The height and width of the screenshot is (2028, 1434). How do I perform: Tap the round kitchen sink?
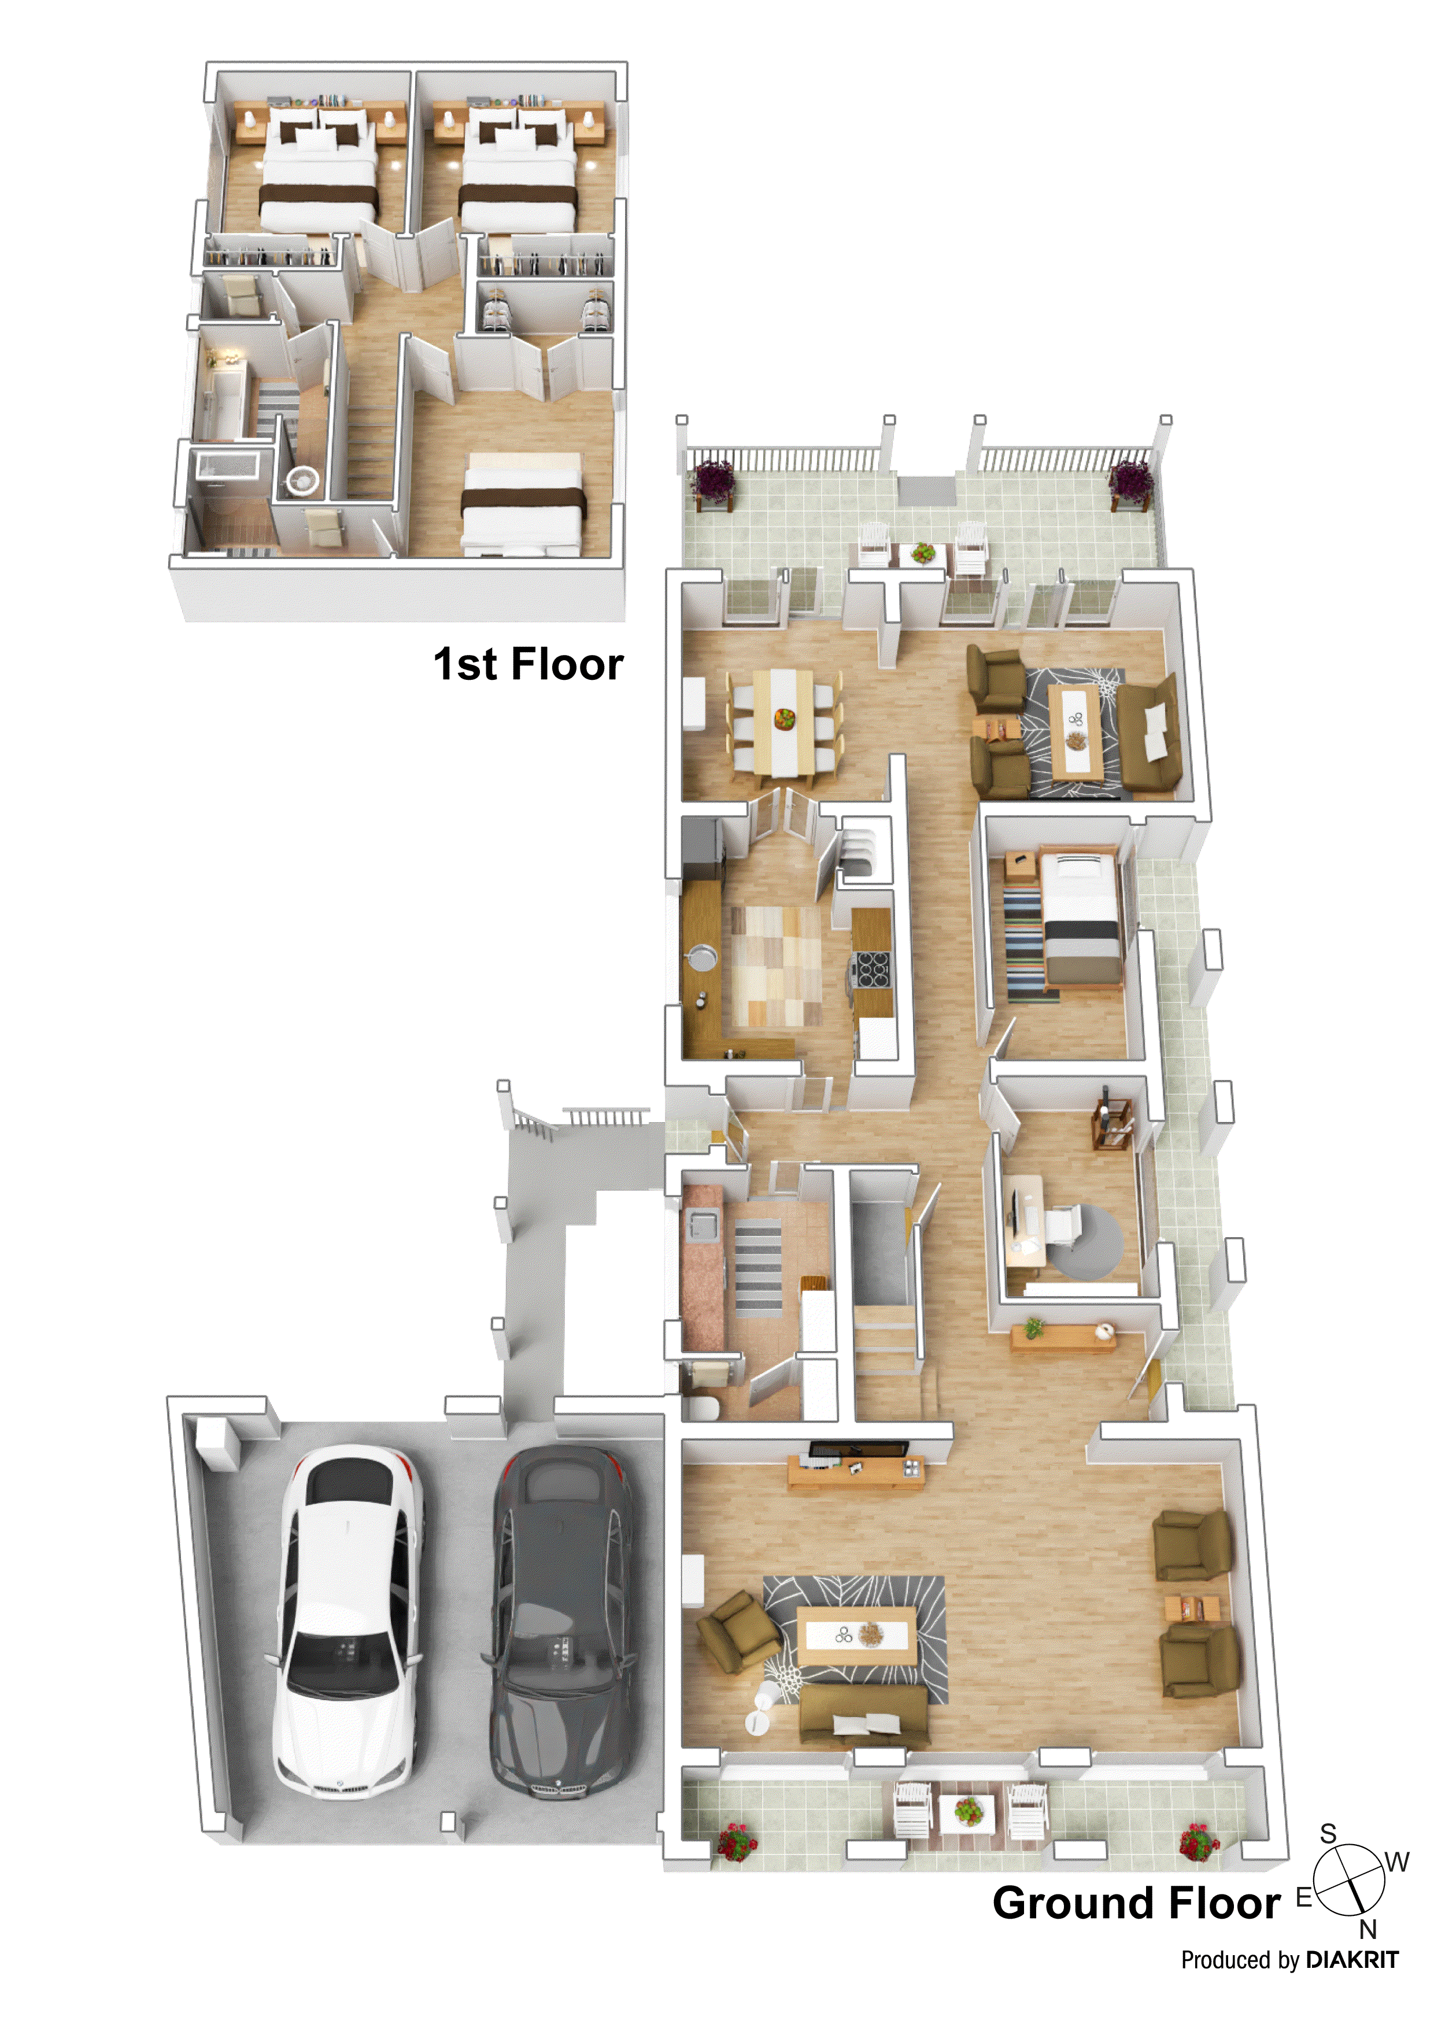(703, 956)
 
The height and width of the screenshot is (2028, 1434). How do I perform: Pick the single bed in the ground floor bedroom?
(1080, 919)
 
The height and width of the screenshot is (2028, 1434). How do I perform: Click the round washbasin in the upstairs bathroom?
(302, 480)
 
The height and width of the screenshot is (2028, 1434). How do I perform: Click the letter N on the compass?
(1367, 1928)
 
